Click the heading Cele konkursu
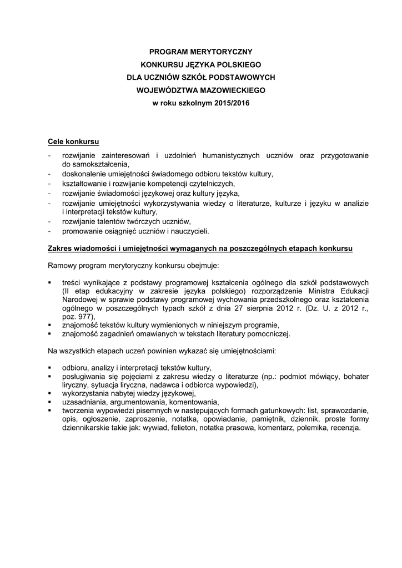73,142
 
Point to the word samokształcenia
99,165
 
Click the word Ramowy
63,268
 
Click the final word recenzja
345,429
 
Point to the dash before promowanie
50,231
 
